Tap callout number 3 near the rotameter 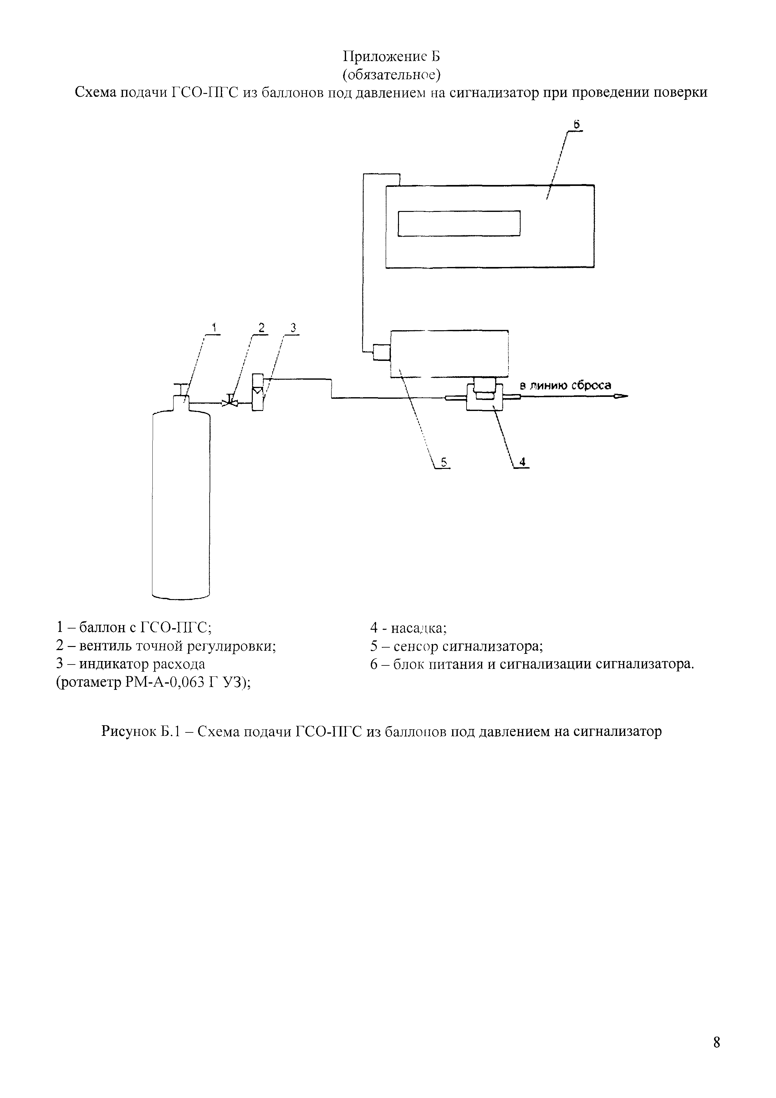[x=294, y=328]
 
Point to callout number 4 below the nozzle [x=523, y=461]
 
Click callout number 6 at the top [x=577, y=124]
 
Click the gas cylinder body [x=181, y=502]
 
